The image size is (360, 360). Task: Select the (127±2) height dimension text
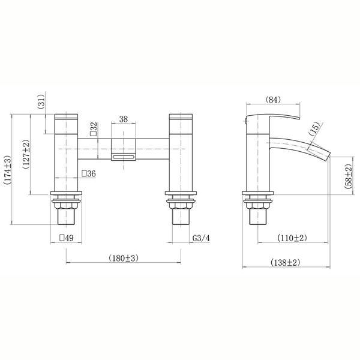click(26, 154)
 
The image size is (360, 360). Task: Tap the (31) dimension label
click(41, 101)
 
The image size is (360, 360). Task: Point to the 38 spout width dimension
click(123, 119)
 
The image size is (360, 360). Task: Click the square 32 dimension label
click(94, 129)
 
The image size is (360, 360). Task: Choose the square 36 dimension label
click(89, 173)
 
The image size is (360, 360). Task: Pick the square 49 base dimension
click(67, 238)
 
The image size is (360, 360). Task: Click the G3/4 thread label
click(201, 238)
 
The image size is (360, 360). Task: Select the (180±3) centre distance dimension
click(124, 258)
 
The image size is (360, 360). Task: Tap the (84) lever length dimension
click(273, 100)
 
